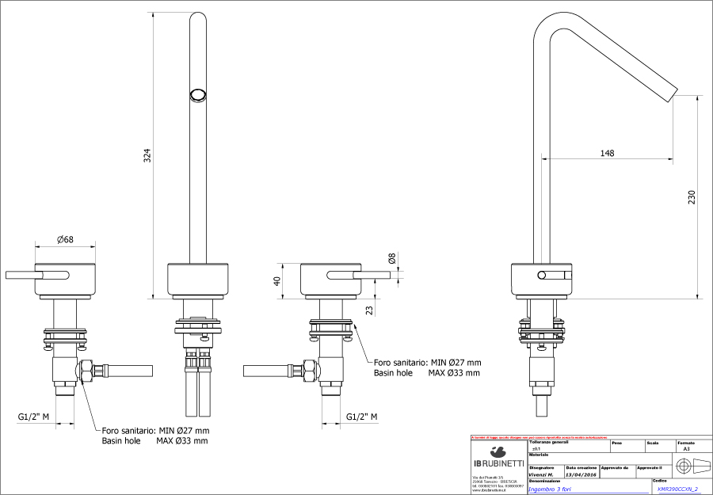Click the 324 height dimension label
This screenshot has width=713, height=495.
[x=147, y=156]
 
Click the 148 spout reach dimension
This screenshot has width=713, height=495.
[x=607, y=153]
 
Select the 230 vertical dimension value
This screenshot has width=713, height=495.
[x=691, y=196]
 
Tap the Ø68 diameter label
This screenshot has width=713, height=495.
[x=66, y=239]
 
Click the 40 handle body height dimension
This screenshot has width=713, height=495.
[x=278, y=281]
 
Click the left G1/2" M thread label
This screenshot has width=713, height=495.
[x=34, y=417]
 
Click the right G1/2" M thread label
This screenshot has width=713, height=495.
[x=361, y=417]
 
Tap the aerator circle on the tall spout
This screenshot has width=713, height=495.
[x=197, y=95]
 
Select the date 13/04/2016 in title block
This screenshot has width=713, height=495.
[x=581, y=474]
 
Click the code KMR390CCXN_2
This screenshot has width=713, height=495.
[x=677, y=489]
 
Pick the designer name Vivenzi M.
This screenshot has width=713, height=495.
[x=541, y=474]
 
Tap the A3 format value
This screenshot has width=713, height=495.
[x=686, y=448]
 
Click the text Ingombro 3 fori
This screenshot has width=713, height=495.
[x=553, y=489]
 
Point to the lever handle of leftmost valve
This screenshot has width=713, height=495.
[x=36, y=275]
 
